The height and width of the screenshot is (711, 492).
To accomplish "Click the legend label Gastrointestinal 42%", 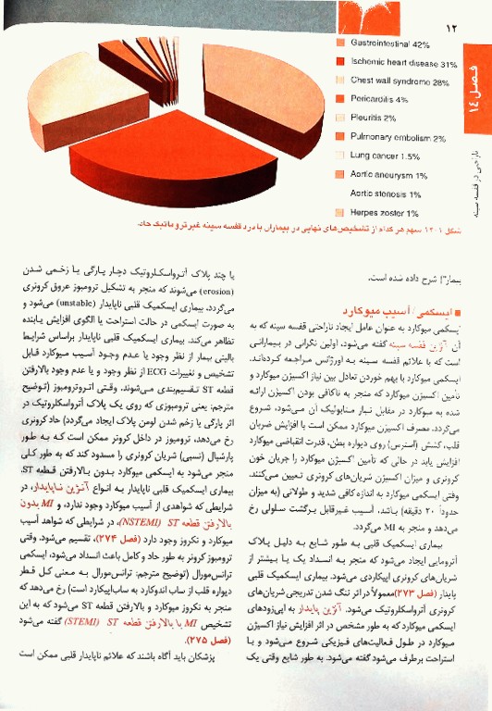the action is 391,44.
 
